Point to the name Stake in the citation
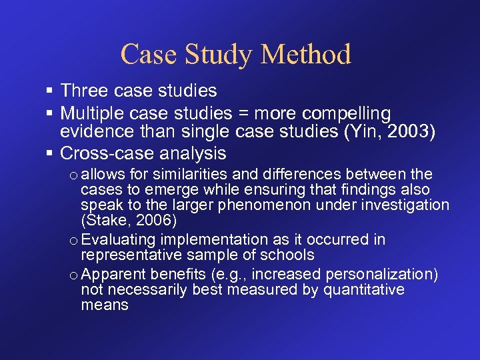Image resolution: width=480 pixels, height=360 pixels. pyautogui.click(x=103, y=219)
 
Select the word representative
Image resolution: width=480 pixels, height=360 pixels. pyautogui.click(x=127, y=255)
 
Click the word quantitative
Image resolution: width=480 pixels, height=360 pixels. pyautogui.click(x=364, y=289)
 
